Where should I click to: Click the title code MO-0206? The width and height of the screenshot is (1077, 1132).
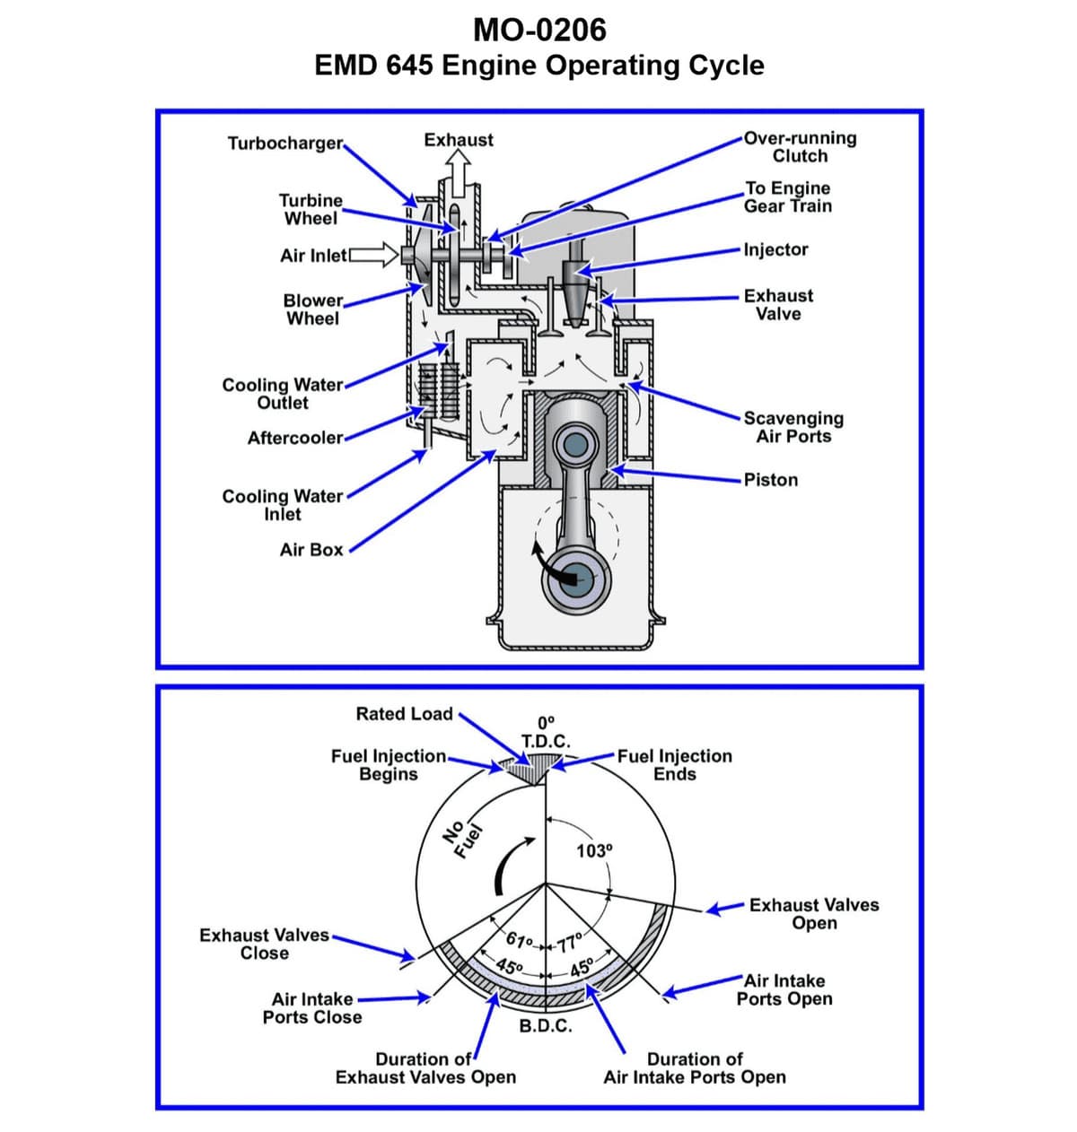point(539,30)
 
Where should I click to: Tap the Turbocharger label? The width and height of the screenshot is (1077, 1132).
point(285,144)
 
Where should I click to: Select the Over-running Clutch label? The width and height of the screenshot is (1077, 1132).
point(800,147)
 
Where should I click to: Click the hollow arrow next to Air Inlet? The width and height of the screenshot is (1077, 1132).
point(376,255)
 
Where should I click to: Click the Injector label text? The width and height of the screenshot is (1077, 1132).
point(775,249)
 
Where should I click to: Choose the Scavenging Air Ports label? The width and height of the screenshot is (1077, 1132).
point(793,428)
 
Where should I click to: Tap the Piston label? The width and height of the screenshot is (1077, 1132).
point(770,480)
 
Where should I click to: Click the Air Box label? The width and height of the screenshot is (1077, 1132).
point(311,550)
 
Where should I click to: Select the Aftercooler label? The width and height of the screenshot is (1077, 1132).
point(295,438)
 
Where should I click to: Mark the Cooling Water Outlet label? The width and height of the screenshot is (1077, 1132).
point(282,394)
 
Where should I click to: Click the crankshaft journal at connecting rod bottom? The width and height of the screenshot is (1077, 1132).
point(575,580)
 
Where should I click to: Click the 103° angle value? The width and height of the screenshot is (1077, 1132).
point(593,850)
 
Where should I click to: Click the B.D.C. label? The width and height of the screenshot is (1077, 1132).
point(546,1026)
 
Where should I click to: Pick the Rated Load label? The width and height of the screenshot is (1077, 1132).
point(404,714)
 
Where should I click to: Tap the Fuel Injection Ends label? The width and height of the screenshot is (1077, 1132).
point(674,765)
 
